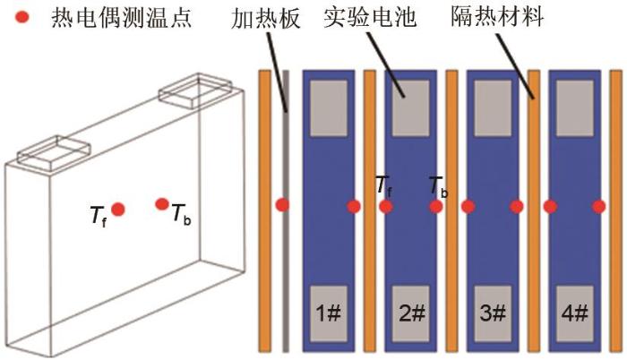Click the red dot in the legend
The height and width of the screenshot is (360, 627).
point(21,17)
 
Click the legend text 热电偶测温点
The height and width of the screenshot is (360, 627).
point(122,18)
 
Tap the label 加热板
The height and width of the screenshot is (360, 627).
point(265,18)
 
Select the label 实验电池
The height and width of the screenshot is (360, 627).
point(370,17)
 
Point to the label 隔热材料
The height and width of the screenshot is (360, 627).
point(497,16)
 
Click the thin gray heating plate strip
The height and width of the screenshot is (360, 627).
point(286,211)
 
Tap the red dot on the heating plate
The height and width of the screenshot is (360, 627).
point(283,205)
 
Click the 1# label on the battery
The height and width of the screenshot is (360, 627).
point(329,313)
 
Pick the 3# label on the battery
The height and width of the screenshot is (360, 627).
point(493,313)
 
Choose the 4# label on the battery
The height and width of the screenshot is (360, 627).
point(575,313)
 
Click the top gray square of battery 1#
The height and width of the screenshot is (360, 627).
point(329,108)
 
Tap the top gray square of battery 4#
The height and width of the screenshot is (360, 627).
point(575,108)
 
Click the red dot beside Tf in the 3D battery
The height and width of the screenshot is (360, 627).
point(118,210)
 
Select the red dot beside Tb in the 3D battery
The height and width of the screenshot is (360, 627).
point(162,204)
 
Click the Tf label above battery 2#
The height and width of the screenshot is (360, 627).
point(384,185)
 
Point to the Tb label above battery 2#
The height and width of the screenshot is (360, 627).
point(438,186)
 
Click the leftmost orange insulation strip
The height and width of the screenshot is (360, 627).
point(265,211)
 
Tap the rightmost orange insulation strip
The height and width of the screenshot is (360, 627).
point(616,211)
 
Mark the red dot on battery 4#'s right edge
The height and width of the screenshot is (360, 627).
point(598,206)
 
